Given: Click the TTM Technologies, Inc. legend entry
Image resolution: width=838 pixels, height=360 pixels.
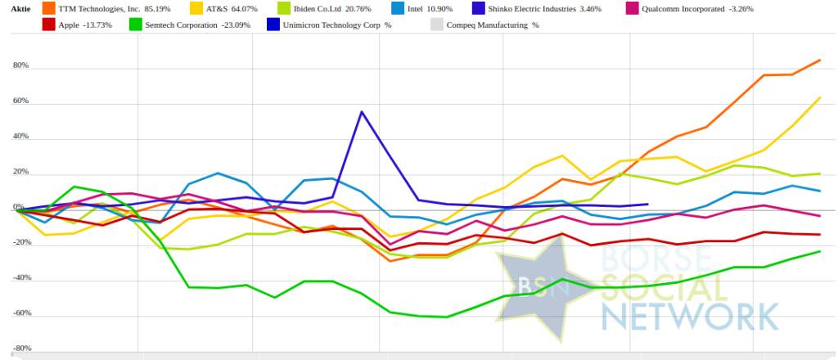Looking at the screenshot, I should click(x=110, y=9).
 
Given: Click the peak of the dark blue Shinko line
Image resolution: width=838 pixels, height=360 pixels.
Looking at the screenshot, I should click(x=362, y=111).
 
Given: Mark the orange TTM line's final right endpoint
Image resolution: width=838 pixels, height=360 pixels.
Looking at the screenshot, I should click(x=821, y=60).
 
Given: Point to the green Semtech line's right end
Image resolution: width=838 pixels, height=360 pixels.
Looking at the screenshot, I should click(x=821, y=251).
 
